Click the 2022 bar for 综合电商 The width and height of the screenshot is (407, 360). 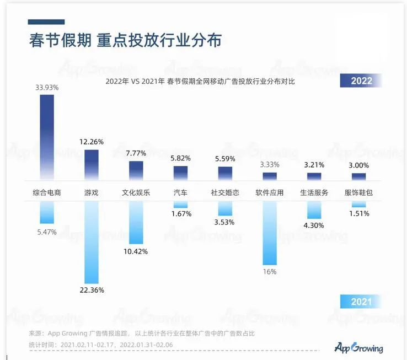pyautogui.click(x=47, y=135)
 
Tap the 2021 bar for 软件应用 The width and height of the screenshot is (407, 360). pyautogui.click(x=270, y=232)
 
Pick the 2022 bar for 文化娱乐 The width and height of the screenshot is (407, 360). pyautogui.click(x=136, y=170)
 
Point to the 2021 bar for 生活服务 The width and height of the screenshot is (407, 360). pyautogui.click(x=314, y=209)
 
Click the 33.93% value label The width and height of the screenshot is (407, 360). pyautogui.click(x=47, y=87)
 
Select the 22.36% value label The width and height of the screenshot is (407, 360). pyautogui.click(x=92, y=291)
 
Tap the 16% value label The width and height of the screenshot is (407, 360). pyautogui.click(x=270, y=272)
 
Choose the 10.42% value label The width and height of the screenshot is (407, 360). pyautogui.click(x=136, y=251)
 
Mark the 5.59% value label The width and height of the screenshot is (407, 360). pyautogui.click(x=225, y=159)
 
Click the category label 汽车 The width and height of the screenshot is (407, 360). pyautogui.click(x=181, y=193)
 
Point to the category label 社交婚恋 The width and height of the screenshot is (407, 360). pyautogui.click(x=225, y=193)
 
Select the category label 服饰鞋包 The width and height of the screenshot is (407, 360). pyautogui.click(x=359, y=193)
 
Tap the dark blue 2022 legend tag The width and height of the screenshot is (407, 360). pyautogui.click(x=361, y=80)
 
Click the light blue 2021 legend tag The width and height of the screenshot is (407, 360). pyautogui.click(x=361, y=302)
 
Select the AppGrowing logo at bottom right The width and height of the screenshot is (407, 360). pyautogui.click(x=358, y=347)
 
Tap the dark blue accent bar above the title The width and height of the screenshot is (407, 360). pyautogui.click(x=46, y=22)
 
